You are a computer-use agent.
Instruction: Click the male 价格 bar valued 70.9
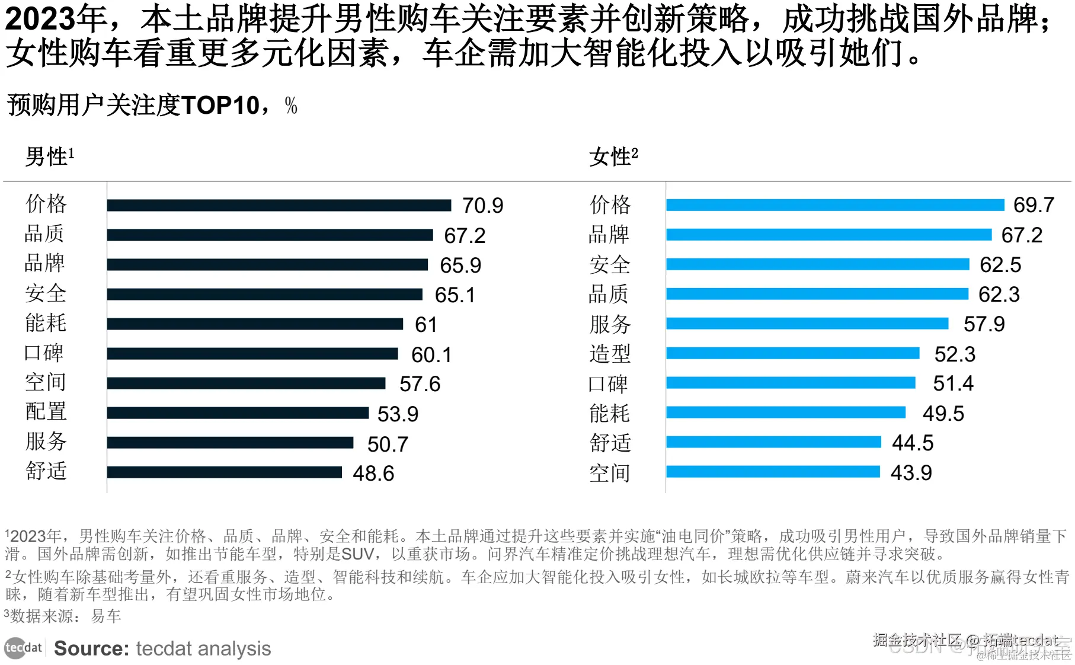(x=279, y=205)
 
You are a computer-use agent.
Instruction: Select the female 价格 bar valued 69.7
(x=834, y=205)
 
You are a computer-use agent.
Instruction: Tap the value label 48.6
(x=373, y=474)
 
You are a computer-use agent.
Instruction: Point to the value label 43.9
(x=911, y=473)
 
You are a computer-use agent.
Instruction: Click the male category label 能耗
(x=46, y=323)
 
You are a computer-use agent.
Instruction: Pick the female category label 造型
(x=610, y=354)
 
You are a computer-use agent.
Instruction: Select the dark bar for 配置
(x=237, y=413)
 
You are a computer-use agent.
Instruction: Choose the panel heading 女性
(x=610, y=157)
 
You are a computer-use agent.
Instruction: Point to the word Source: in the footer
(x=91, y=648)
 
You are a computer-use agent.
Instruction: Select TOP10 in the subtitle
(x=220, y=105)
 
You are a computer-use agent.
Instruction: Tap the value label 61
(x=425, y=325)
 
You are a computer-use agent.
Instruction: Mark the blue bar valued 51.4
(x=790, y=383)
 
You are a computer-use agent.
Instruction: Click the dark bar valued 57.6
(x=246, y=383)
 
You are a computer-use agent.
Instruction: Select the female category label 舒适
(x=610, y=443)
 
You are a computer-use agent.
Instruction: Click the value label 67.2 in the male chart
(x=465, y=236)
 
